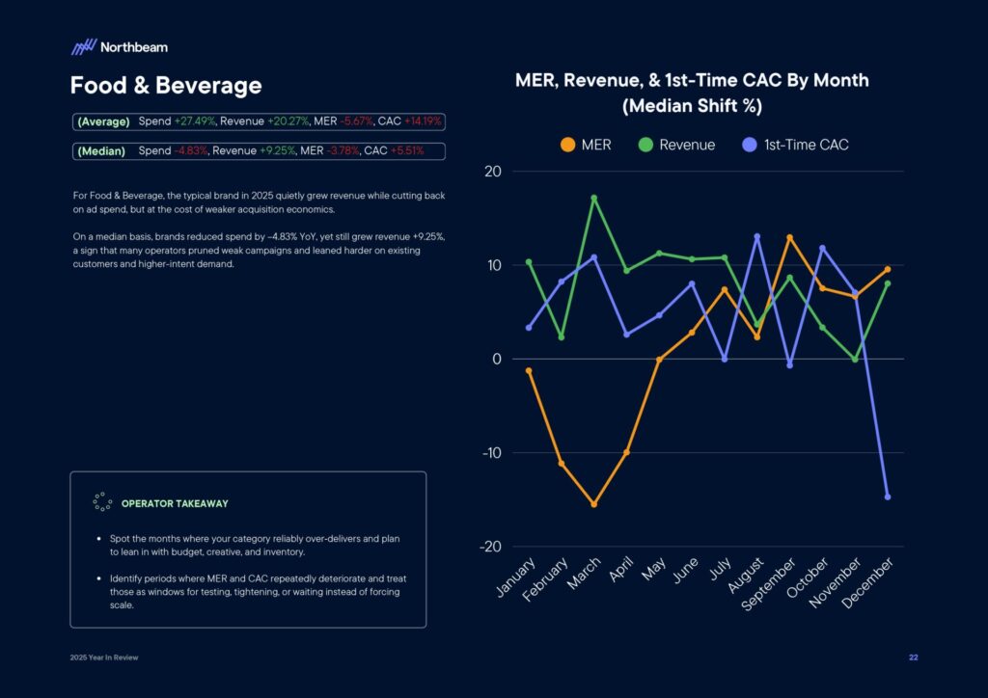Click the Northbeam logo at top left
119,46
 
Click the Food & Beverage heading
165,86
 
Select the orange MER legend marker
567,145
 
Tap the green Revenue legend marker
645,145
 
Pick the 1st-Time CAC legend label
806,145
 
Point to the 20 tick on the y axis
492,172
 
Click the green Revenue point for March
593,198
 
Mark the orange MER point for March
593,504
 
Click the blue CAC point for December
887,497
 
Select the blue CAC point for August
756,236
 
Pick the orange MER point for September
789,237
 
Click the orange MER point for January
528,370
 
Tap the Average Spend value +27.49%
195,121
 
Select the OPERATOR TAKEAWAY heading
175,503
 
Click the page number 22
913,658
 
